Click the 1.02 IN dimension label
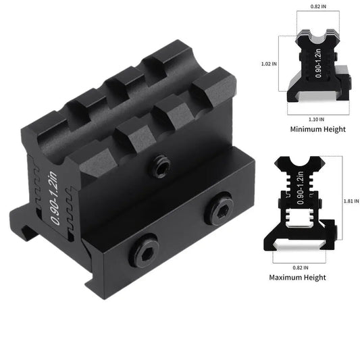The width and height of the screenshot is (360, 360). (268, 64)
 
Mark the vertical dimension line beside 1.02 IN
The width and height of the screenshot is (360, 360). (282, 64)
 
